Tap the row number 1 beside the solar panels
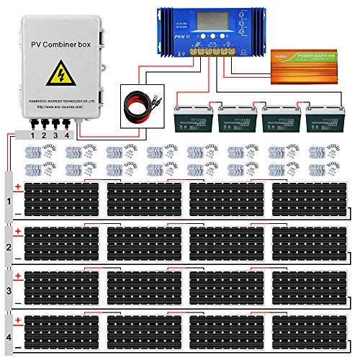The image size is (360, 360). coord(9,200)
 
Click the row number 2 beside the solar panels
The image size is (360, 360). coord(9,245)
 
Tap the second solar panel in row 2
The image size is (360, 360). coord(144,243)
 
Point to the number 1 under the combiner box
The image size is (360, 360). coord(32,133)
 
